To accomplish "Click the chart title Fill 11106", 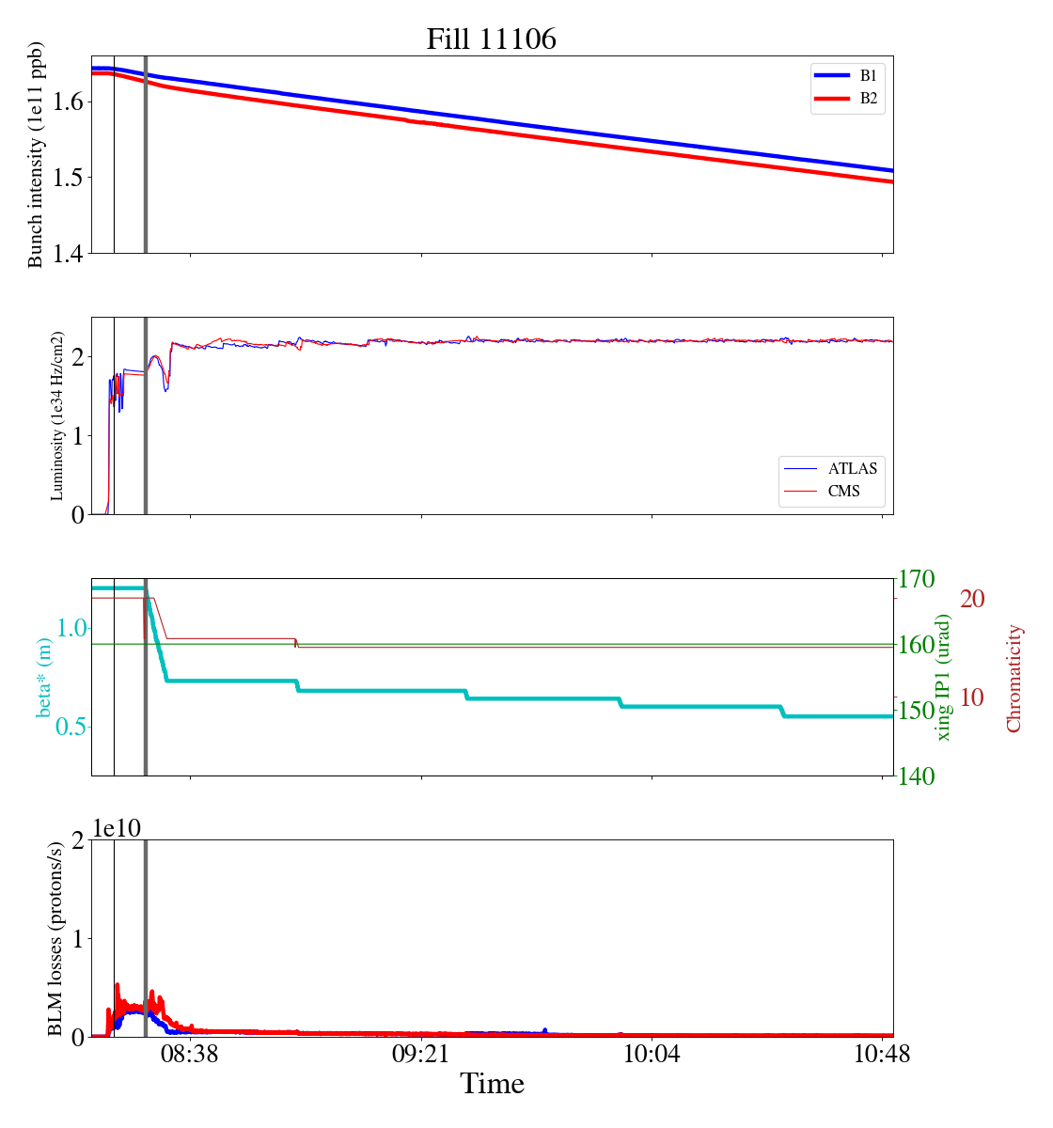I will click(x=491, y=39).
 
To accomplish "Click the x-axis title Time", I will click(x=492, y=1084).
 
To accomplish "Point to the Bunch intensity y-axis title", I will click(x=36, y=155).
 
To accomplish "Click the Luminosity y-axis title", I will click(x=57, y=415).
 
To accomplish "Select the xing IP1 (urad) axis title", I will click(x=944, y=677).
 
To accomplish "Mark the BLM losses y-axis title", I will click(x=55, y=938).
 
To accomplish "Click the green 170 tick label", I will click(x=917, y=579).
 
